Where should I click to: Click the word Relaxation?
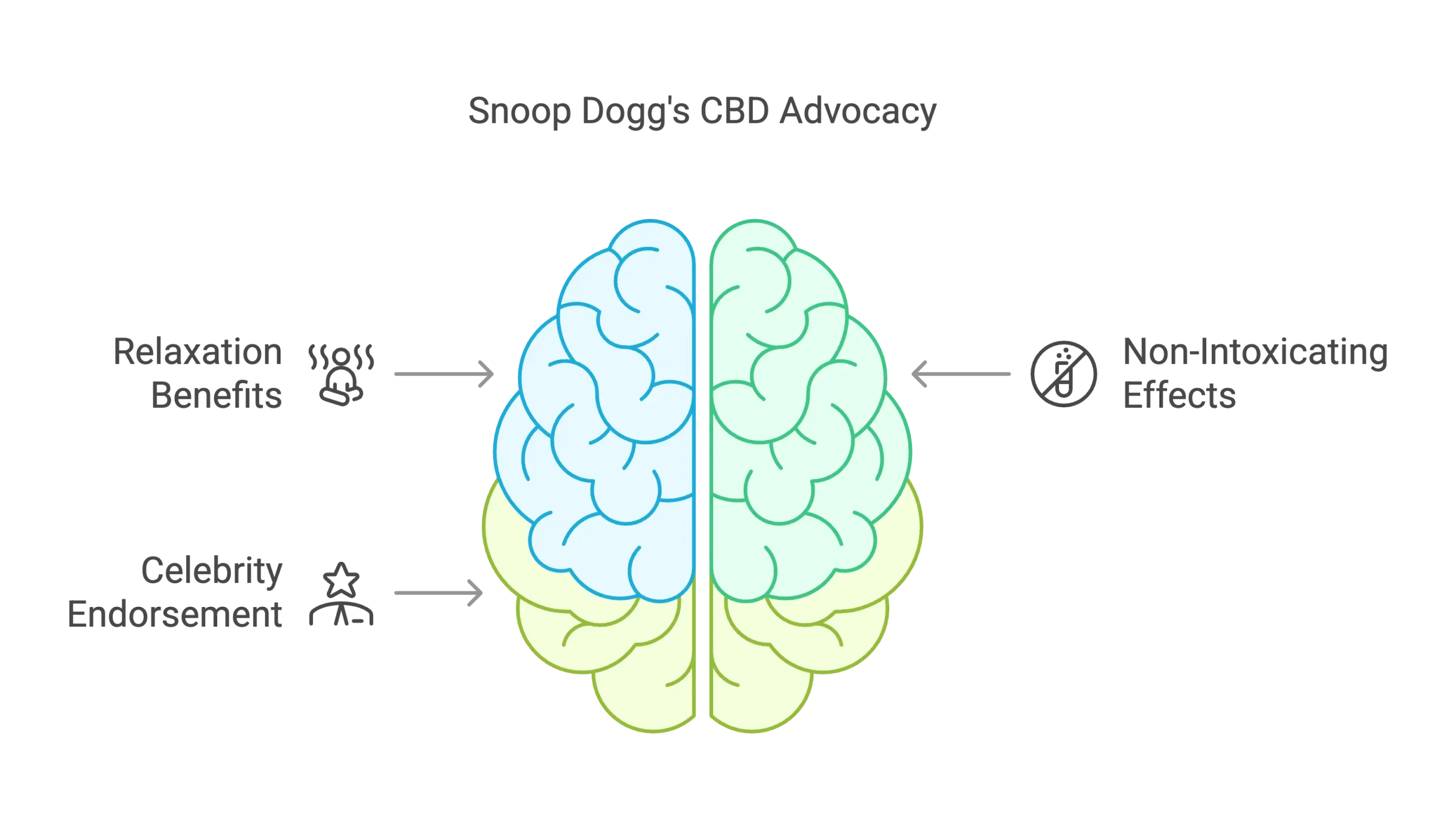click(197, 353)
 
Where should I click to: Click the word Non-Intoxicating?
click(1255, 353)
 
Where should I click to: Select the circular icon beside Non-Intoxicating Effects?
click(1064, 374)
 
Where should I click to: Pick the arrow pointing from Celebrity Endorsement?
click(439, 593)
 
